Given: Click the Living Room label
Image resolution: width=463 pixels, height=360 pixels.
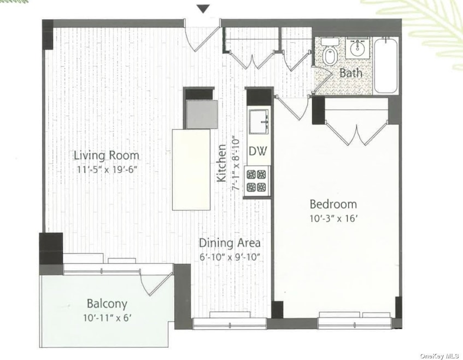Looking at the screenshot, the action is [106, 155].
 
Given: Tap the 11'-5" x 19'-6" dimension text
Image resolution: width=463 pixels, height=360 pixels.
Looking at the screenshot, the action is [108, 170].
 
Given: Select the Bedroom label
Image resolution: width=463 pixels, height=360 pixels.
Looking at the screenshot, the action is [333, 204].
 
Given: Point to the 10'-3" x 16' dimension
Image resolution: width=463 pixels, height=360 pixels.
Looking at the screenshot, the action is [334, 219].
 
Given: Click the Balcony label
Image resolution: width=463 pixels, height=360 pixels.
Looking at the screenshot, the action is [107, 304].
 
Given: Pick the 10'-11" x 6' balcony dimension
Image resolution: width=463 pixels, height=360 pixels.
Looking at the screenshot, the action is [107, 318].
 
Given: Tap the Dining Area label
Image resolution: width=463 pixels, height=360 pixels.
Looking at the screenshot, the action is [230, 243].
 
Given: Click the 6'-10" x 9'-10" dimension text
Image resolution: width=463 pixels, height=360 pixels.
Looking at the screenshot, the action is [230, 257].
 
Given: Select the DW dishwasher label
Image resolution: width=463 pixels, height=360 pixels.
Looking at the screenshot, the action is [257, 151].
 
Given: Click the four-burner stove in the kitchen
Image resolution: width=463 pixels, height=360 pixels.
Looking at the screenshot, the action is [256, 181].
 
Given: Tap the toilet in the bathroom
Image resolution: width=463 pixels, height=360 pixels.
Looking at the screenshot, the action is [330, 52].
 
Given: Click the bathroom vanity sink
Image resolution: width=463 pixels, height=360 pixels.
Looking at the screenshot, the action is [357, 49].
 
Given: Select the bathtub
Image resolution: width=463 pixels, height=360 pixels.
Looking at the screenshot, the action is [385, 65].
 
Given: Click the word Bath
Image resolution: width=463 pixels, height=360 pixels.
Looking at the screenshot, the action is [351, 73].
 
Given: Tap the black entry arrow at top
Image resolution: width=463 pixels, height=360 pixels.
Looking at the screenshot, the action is [203, 9].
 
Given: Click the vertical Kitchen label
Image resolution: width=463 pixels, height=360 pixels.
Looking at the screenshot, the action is [221, 164].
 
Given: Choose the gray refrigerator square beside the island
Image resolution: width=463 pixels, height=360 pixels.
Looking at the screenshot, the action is [202, 114].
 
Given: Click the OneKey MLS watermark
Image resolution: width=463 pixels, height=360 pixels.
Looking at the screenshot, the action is [439, 356].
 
